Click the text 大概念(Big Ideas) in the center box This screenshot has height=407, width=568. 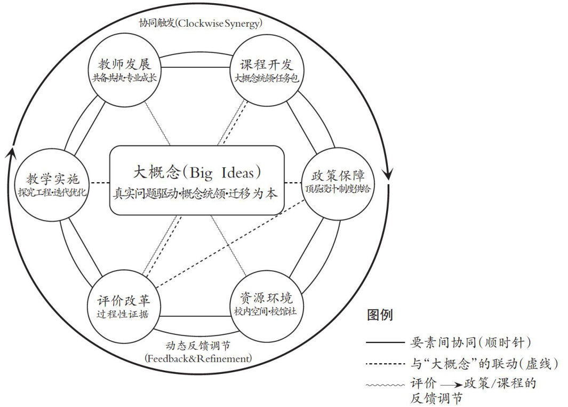198,173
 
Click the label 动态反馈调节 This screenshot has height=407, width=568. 198,345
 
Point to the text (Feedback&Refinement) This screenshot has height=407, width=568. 198,358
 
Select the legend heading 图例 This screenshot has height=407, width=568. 380,315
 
